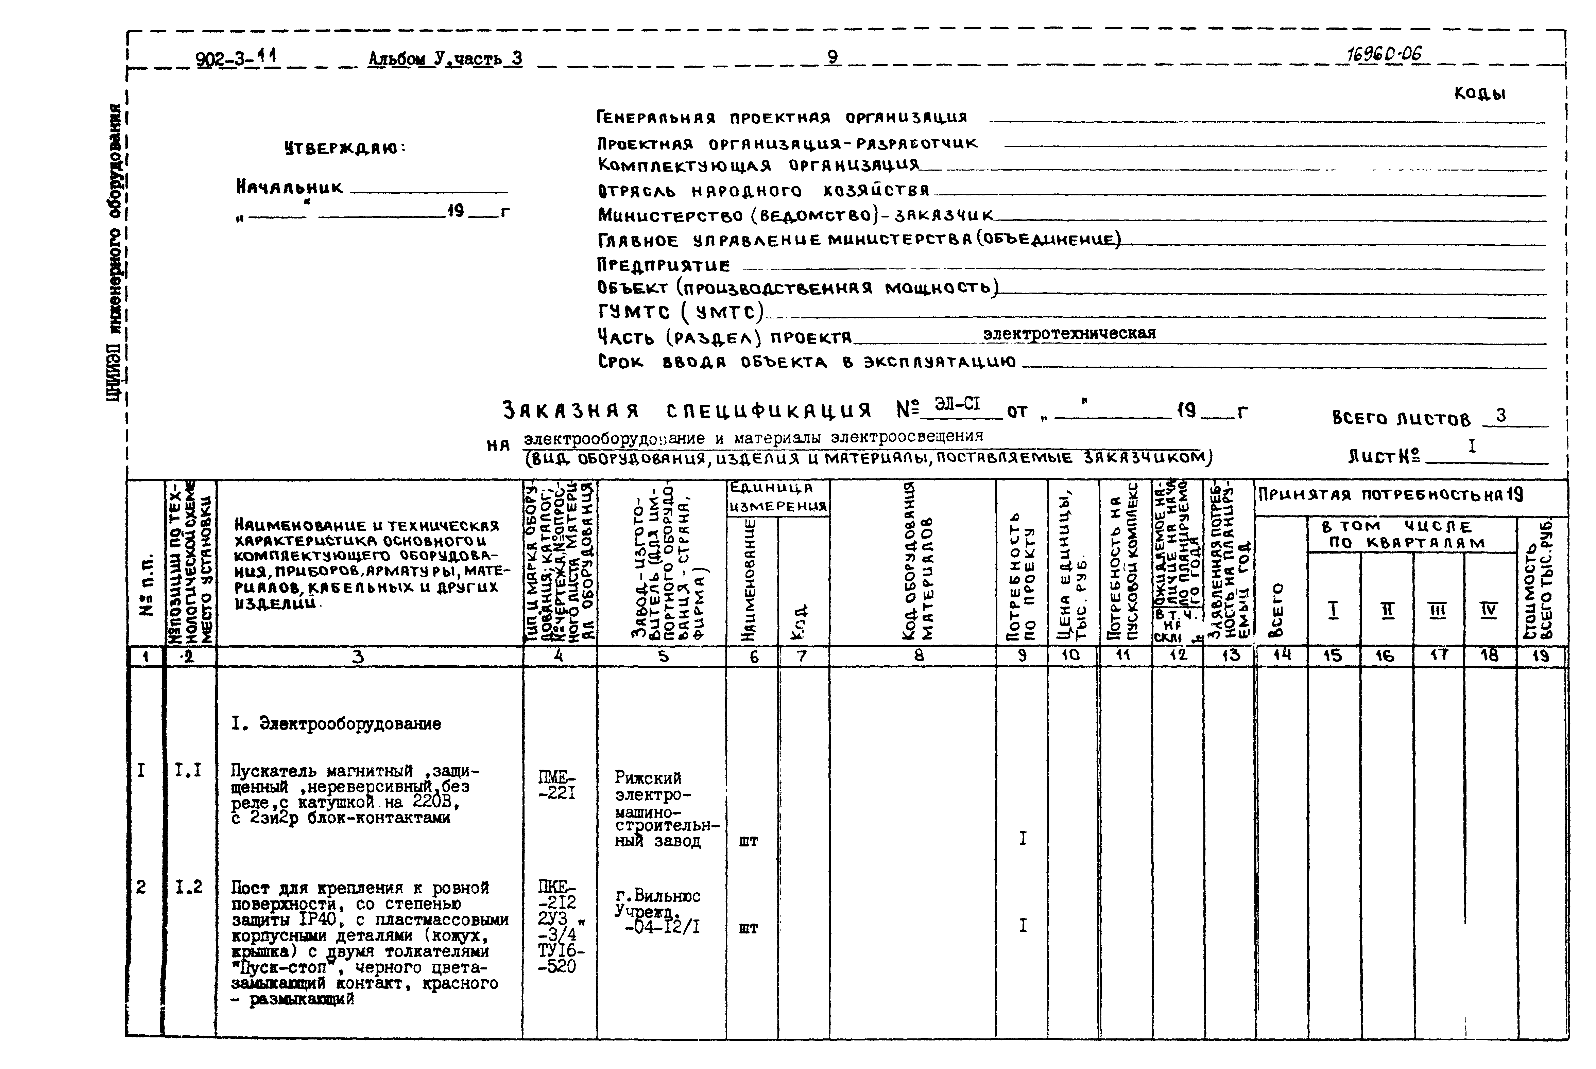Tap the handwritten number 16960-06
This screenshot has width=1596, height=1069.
tap(1385, 55)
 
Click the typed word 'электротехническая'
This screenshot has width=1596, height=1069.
tap(1069, 333)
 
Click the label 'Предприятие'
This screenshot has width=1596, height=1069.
tap(663, 264)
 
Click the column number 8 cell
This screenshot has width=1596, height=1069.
tap(919, 656)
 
